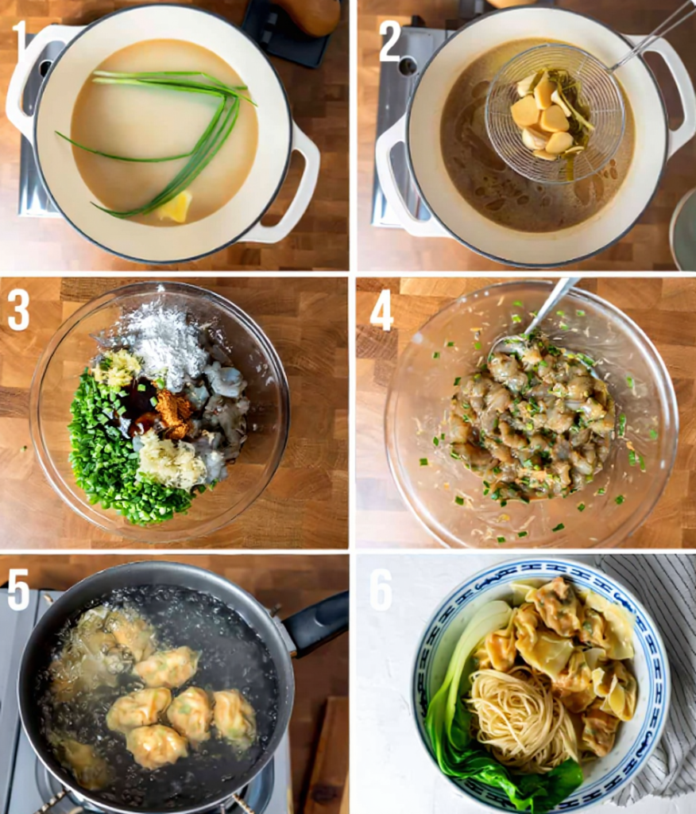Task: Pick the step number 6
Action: (381, 591)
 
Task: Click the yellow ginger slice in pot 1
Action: (176, 207)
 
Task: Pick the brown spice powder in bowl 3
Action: (173, 411)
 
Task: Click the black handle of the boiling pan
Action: (318, 624)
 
